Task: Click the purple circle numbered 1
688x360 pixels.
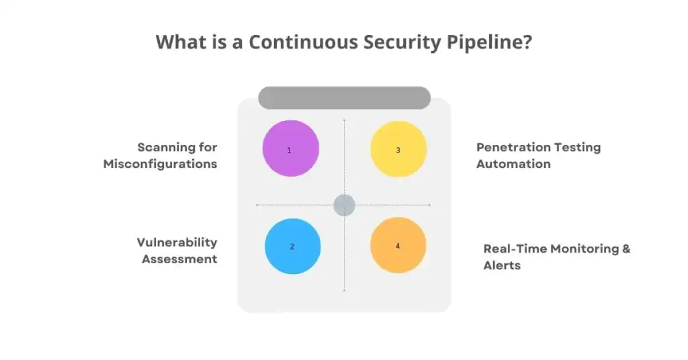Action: [x=290, y=148]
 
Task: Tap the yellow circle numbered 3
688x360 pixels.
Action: [x=398, y=149]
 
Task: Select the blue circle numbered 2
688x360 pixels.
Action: [x=292, y=246]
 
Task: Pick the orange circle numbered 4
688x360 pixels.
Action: [x=398, y=245]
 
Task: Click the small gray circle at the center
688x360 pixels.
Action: [x=344, y=205]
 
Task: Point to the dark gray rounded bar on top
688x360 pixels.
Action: [x=344, y=98]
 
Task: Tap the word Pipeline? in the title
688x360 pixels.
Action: [x=489, y=42]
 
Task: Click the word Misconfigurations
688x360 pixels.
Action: [x=160, y=164]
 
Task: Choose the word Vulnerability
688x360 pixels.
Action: [x=177, y=242]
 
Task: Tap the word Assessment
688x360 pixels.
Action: [x=179, y=259]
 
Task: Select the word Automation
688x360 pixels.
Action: [x=513, y=164]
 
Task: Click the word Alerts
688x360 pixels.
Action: [x=502, y=265]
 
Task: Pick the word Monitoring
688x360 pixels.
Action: [x=585, y=249]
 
